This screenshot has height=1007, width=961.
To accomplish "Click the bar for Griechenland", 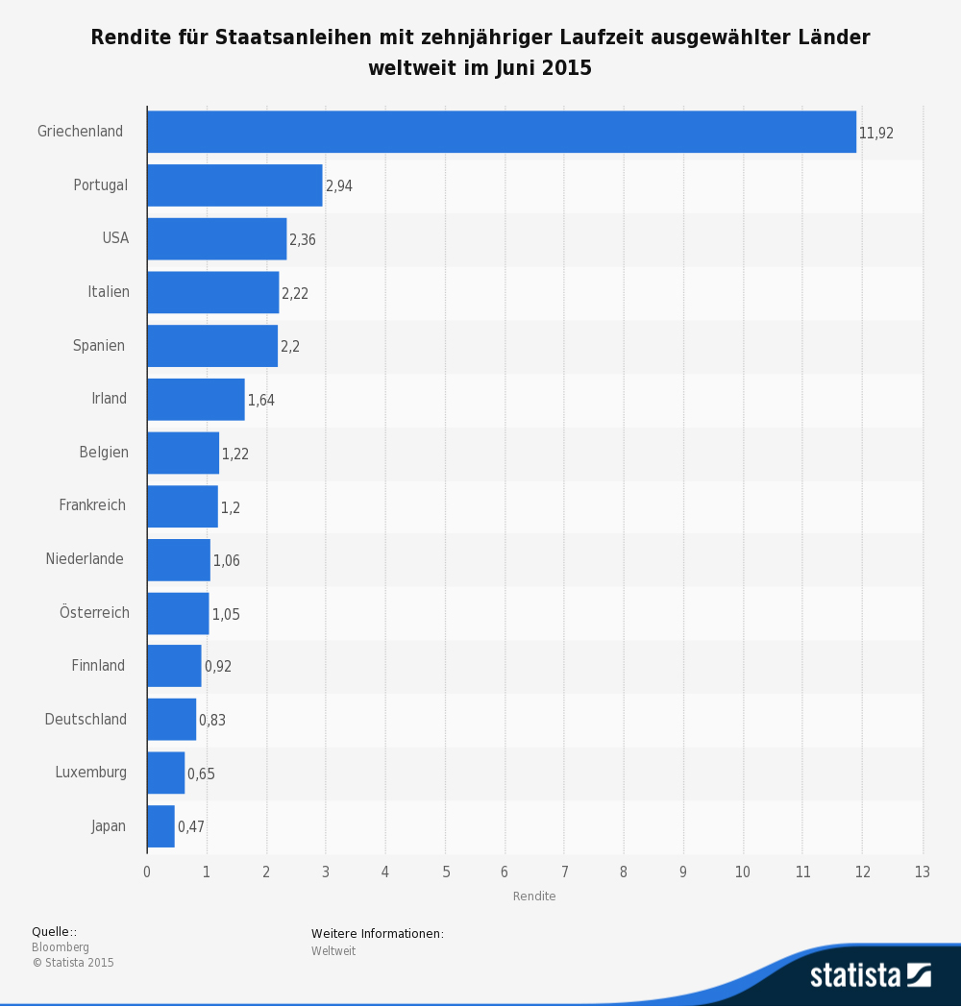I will (x=501, y=132).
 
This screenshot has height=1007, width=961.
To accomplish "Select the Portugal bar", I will (x=234, y=185).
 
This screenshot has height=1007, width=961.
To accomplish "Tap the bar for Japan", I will (x=160, y=826).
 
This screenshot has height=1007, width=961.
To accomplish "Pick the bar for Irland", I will (x=195, y=400).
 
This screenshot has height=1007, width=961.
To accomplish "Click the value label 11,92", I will (x=875, y=134).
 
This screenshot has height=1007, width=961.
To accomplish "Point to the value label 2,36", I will (x=302, y=240).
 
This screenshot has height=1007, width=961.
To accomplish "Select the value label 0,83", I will (x=212, y=720).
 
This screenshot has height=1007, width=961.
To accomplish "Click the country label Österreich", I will (x=94, y=613).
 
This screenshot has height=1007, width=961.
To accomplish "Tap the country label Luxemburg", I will (x=90, y=773).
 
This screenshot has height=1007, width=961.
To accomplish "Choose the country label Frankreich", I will (x=92, y=505).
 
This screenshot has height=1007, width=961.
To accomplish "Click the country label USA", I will (x=115, y=238).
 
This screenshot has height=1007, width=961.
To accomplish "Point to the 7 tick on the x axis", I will (x=564, y=872).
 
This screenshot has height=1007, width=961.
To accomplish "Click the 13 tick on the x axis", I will (x=923, y=872).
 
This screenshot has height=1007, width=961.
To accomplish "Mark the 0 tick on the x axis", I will (x=147, y=872).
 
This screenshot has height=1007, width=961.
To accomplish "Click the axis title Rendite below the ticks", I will (x=534, y=896).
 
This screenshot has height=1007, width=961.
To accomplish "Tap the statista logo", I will (x=870, y=974).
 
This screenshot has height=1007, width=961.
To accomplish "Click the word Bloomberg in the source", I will (x=61, y=947).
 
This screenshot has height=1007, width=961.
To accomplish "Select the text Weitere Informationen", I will (x=377, y=934).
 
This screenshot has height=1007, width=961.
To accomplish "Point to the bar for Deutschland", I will (x=171, y=720).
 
